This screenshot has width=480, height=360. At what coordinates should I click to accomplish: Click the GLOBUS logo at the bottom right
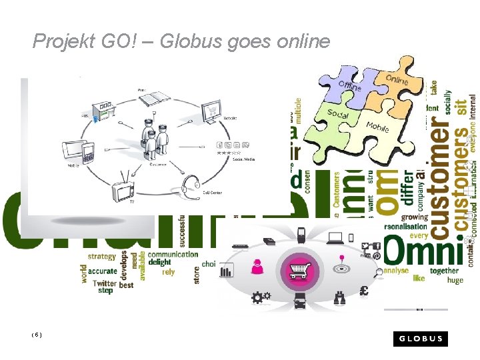[x=421, y=338]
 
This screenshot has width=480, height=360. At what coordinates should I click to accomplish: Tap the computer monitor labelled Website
[x=211, y=109]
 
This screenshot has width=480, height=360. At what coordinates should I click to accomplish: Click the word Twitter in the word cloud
[x=105, y=283]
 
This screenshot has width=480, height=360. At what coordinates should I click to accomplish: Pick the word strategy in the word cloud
[x=101, y=255]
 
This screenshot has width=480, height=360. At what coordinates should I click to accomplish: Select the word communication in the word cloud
[x=173, y=254]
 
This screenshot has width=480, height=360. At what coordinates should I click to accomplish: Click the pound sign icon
[x=364, y=291]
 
